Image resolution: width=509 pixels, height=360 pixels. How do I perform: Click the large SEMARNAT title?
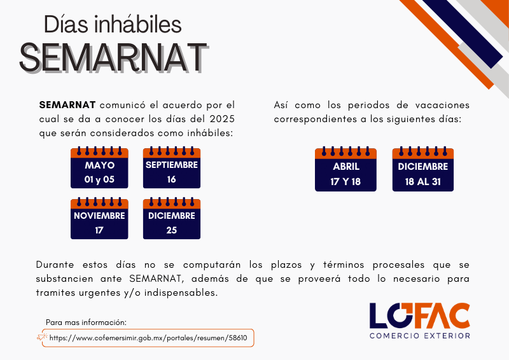pos(114,57)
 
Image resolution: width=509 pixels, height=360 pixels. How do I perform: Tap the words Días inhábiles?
pos(113,24)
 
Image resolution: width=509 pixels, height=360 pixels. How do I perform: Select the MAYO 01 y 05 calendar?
pos(99,167)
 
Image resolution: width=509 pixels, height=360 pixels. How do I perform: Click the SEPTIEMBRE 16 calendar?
pos(172,167)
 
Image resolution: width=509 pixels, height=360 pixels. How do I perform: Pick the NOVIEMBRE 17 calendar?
pos(99,218)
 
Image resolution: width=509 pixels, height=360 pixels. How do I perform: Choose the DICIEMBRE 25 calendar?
pos(172,218)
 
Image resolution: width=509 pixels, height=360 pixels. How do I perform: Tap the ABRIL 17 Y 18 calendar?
pos(345,169)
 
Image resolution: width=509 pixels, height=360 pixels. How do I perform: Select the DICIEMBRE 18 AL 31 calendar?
pos(423,169)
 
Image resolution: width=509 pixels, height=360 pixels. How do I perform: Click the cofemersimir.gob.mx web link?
pos(148,338)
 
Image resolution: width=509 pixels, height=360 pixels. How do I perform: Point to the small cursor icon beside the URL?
pos(42,337)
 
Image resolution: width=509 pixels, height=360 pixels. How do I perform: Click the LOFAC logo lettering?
pos(420,316)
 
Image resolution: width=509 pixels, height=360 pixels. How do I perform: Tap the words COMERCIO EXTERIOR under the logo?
pos(420,336)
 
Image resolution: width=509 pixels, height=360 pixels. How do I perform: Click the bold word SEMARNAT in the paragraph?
pos(67,105)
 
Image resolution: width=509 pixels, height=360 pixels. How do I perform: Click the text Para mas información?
pos(86,322)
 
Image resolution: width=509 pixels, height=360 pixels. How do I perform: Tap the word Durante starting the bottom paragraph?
pos(55,265)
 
